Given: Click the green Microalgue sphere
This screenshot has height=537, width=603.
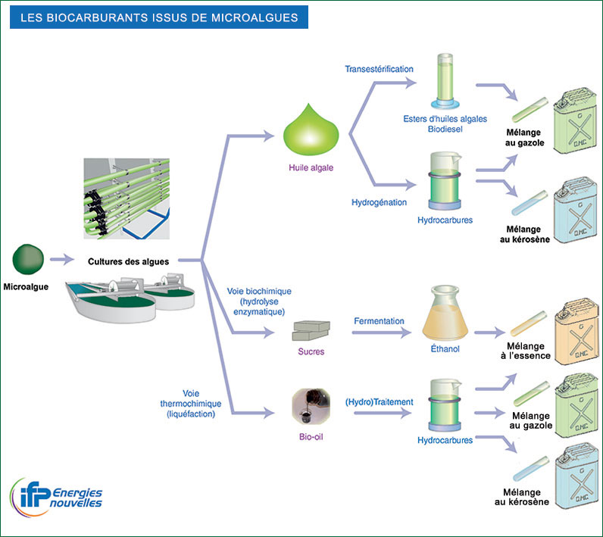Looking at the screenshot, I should (27, 259).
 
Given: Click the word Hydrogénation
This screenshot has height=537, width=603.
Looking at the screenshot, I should (379, 203).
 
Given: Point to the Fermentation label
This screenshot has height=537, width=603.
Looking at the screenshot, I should (379, 321).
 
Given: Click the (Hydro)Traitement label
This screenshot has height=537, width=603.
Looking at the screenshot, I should (379, 401).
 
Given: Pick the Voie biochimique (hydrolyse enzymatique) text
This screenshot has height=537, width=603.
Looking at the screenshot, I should (259, 301).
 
